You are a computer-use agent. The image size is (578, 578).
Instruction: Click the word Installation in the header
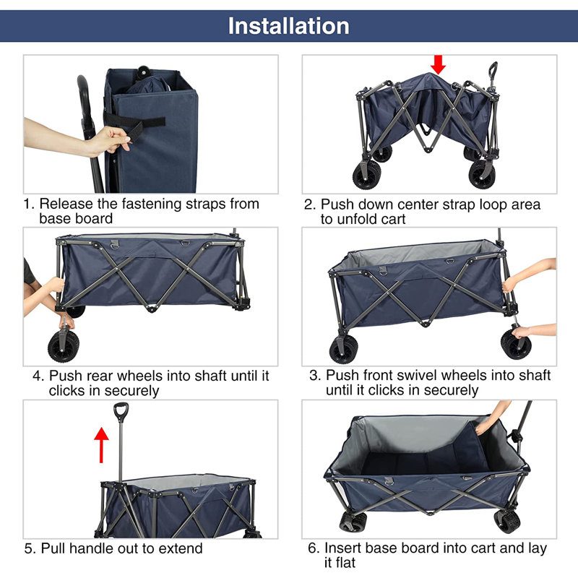tap(288, 26)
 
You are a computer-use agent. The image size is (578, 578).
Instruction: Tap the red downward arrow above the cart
tap(438, 65)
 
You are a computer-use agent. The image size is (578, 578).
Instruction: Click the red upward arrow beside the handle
tap(101, 444)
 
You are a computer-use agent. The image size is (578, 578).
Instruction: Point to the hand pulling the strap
tap(111, 140)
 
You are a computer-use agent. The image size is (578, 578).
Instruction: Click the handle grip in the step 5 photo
tap(121, 412)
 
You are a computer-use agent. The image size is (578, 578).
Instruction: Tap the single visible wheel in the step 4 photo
tap(64, 346)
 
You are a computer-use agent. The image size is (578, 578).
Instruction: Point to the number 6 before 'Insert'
tap(313, 548)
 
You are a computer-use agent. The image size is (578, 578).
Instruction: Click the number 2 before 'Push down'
tap(309, 204)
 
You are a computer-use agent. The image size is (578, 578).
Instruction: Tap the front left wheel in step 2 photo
tap(367, 176)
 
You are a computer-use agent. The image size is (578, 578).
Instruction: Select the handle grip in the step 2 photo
tap(493, 69)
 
